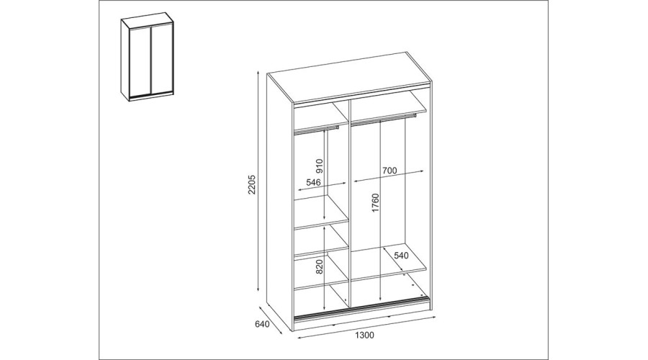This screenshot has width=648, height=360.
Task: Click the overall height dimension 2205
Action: coord(253,185)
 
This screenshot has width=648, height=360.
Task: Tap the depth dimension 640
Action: coord(262,324)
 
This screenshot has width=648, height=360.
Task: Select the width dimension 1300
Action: coord(364,335)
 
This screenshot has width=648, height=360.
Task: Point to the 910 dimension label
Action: coord(320,166)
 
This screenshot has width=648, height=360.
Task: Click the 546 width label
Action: coord(314,182)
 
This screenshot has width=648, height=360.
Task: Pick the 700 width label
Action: coord(390,170)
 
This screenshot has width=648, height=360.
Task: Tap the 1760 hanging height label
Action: coord(375,203)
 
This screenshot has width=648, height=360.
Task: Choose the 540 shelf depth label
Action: coord(401,256)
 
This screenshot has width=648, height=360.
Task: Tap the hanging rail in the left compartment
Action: coord(316,130)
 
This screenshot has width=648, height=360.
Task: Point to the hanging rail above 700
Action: coord(384,120)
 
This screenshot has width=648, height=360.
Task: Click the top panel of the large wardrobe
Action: coord(349,77)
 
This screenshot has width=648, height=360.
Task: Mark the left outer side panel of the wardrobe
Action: coord(280,202)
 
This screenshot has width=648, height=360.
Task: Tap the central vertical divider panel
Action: coord(349,203)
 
